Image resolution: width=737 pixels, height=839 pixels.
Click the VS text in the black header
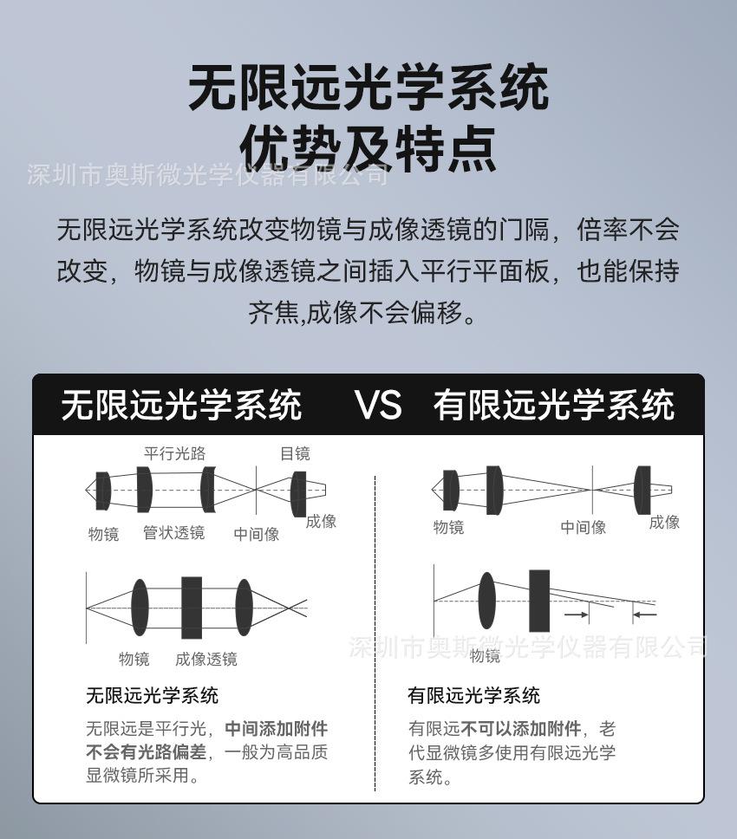click(x=378, y=405)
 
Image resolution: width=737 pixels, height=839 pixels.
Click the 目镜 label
click(x=295, y=453)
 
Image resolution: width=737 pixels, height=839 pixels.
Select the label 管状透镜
click(x=174, y=533)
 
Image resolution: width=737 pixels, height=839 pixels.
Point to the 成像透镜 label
click(x=205, y=660)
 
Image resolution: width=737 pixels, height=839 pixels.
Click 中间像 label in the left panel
click(x=257, y=534)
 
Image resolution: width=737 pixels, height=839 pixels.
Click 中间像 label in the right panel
click(x=583, y=527)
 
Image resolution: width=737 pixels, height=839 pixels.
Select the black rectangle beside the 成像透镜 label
click(x=192, y=608)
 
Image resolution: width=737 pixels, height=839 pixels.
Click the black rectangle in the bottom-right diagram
click(x=539, y=601)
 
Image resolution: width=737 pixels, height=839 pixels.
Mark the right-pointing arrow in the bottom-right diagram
click(x=577, y=615)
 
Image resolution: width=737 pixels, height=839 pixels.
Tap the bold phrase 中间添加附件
click(x=276, y=729)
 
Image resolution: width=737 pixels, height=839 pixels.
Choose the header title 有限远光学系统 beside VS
click(x=553, y=405)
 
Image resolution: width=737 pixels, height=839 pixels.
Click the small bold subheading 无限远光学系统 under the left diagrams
click(x=152, y=695)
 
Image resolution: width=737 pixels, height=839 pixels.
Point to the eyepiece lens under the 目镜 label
click(x=298, y=492)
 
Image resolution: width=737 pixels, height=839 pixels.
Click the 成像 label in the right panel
click(x=664, y=522)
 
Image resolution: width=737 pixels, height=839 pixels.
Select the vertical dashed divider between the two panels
click(x=375, y=633)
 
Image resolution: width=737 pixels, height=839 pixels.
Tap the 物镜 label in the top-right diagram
click(x=448, y=527)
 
